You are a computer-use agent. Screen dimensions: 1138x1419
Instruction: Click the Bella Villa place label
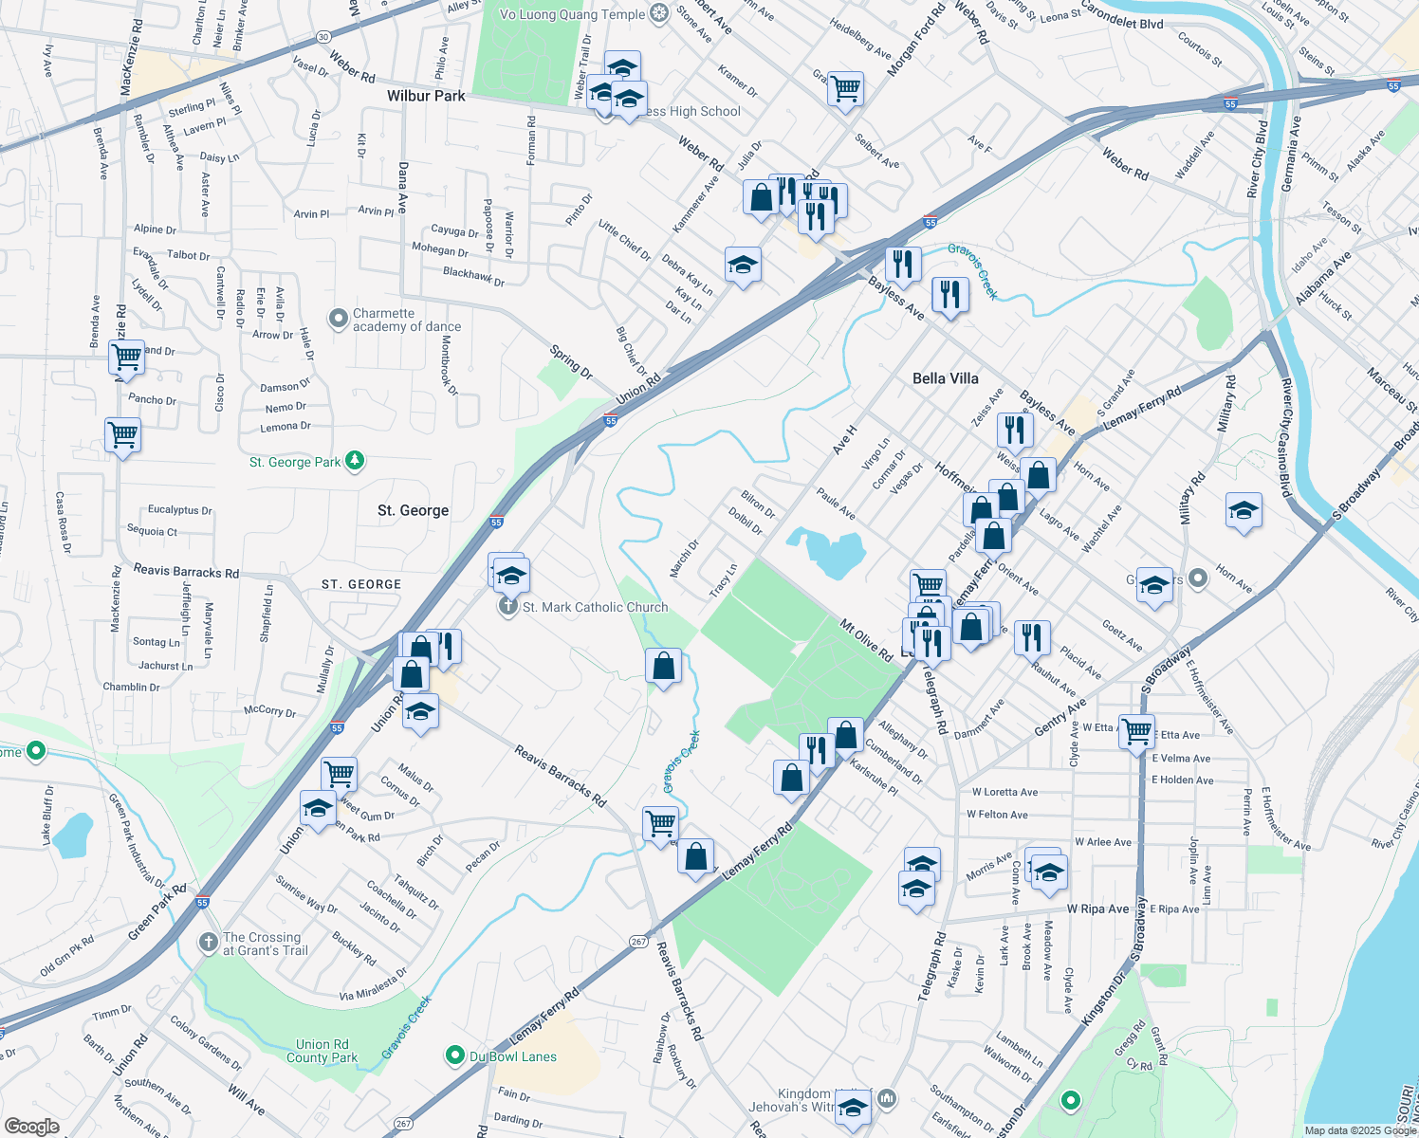945,378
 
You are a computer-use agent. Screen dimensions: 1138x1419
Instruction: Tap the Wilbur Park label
426,96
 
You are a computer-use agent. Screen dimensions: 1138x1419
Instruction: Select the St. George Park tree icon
355,461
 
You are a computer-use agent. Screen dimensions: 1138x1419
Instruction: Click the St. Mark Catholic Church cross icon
508,607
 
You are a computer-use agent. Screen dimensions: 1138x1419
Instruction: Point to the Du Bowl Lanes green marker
455,1055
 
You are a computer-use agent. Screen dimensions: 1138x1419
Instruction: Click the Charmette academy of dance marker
339,319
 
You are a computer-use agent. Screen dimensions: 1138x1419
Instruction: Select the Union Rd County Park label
322,1051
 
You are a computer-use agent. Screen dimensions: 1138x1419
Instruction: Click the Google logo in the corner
31,1126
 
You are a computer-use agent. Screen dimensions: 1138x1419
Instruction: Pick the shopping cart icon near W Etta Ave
1136,731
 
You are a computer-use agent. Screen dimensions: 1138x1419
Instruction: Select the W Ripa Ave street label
1097,909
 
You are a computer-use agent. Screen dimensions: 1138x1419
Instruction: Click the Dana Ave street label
403,187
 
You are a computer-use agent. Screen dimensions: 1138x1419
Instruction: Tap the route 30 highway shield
323,37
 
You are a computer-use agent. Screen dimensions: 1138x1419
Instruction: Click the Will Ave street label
246,1098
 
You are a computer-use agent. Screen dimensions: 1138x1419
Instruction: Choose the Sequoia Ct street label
152,531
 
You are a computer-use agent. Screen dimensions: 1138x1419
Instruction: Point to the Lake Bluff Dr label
47,815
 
